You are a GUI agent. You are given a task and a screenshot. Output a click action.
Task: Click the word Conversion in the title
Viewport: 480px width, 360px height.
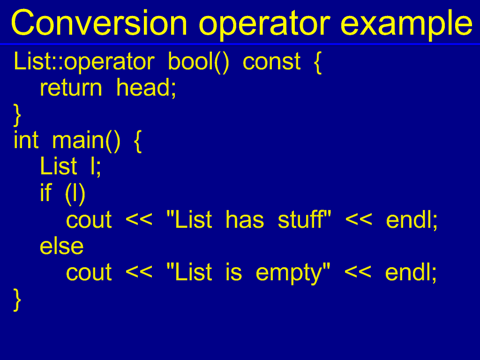click(99, 23)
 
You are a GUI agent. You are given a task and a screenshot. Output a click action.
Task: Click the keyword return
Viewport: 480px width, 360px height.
click(71, 88)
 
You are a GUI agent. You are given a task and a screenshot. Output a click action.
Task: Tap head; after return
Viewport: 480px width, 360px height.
click(146, 88)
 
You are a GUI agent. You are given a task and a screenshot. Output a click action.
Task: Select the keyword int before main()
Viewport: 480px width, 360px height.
click(26, 140)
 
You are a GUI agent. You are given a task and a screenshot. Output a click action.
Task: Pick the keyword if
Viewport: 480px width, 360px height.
click(46, 193)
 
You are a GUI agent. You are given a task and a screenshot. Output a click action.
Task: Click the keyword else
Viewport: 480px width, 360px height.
click(61, 246)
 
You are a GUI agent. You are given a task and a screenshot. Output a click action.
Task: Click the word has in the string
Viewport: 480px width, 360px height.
click(244, 219)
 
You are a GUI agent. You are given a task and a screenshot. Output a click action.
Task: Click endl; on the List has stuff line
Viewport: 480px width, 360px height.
click(412, 219)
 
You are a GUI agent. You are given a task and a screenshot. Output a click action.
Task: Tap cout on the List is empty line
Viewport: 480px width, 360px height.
click(89, 273)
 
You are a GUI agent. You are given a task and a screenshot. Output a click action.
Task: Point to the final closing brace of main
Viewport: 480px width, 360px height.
click(17, 300)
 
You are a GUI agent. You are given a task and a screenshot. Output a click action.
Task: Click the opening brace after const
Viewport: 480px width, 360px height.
click(318, 63)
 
